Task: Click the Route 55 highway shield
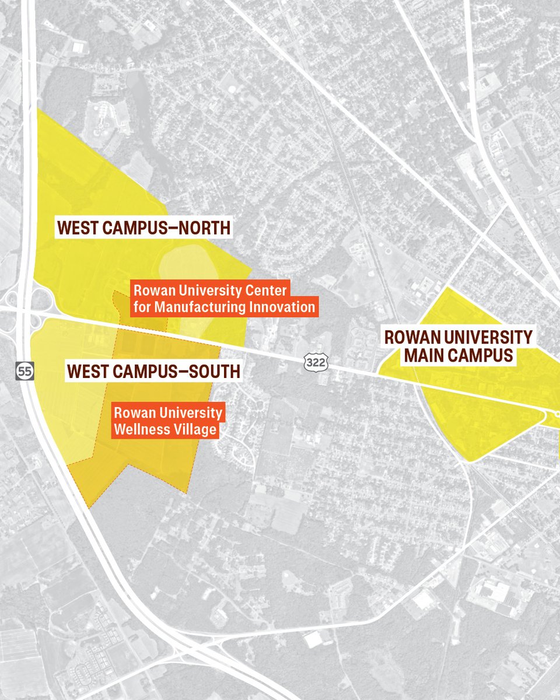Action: pyautogui.click(x=25, y=370)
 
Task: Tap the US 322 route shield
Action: pyautogui.click(x=316, y=362)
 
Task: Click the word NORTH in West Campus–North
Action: pyautogui.click(x=201, y=228)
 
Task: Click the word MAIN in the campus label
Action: pyautogui.click(x=424, y=355)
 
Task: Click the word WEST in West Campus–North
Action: pyautogui.click(x=76, y=228)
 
